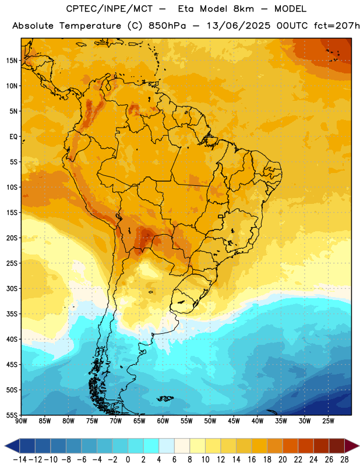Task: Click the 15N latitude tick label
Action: (12, 61)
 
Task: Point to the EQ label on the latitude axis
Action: (13, 137)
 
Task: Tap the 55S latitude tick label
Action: (12, 415)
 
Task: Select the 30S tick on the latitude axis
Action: (12, 288)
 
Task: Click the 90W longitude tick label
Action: (22, 421)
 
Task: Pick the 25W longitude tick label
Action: (328, 421)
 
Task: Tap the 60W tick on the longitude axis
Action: (163, 421)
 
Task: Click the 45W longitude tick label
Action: (234, 421)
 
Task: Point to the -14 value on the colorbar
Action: (20, 460)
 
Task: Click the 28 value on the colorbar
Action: (344, 460)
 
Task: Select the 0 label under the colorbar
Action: (128, 460)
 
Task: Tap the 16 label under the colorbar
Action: (252, 460)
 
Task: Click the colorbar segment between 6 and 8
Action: (182, 446)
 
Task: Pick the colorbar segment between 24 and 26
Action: (322, 446)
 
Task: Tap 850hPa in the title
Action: (167, 26)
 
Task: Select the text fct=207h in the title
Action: (337, 26)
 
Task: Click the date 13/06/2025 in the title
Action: (238, 26)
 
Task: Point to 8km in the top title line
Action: (243, 9)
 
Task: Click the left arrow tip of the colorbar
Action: (5, 446)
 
